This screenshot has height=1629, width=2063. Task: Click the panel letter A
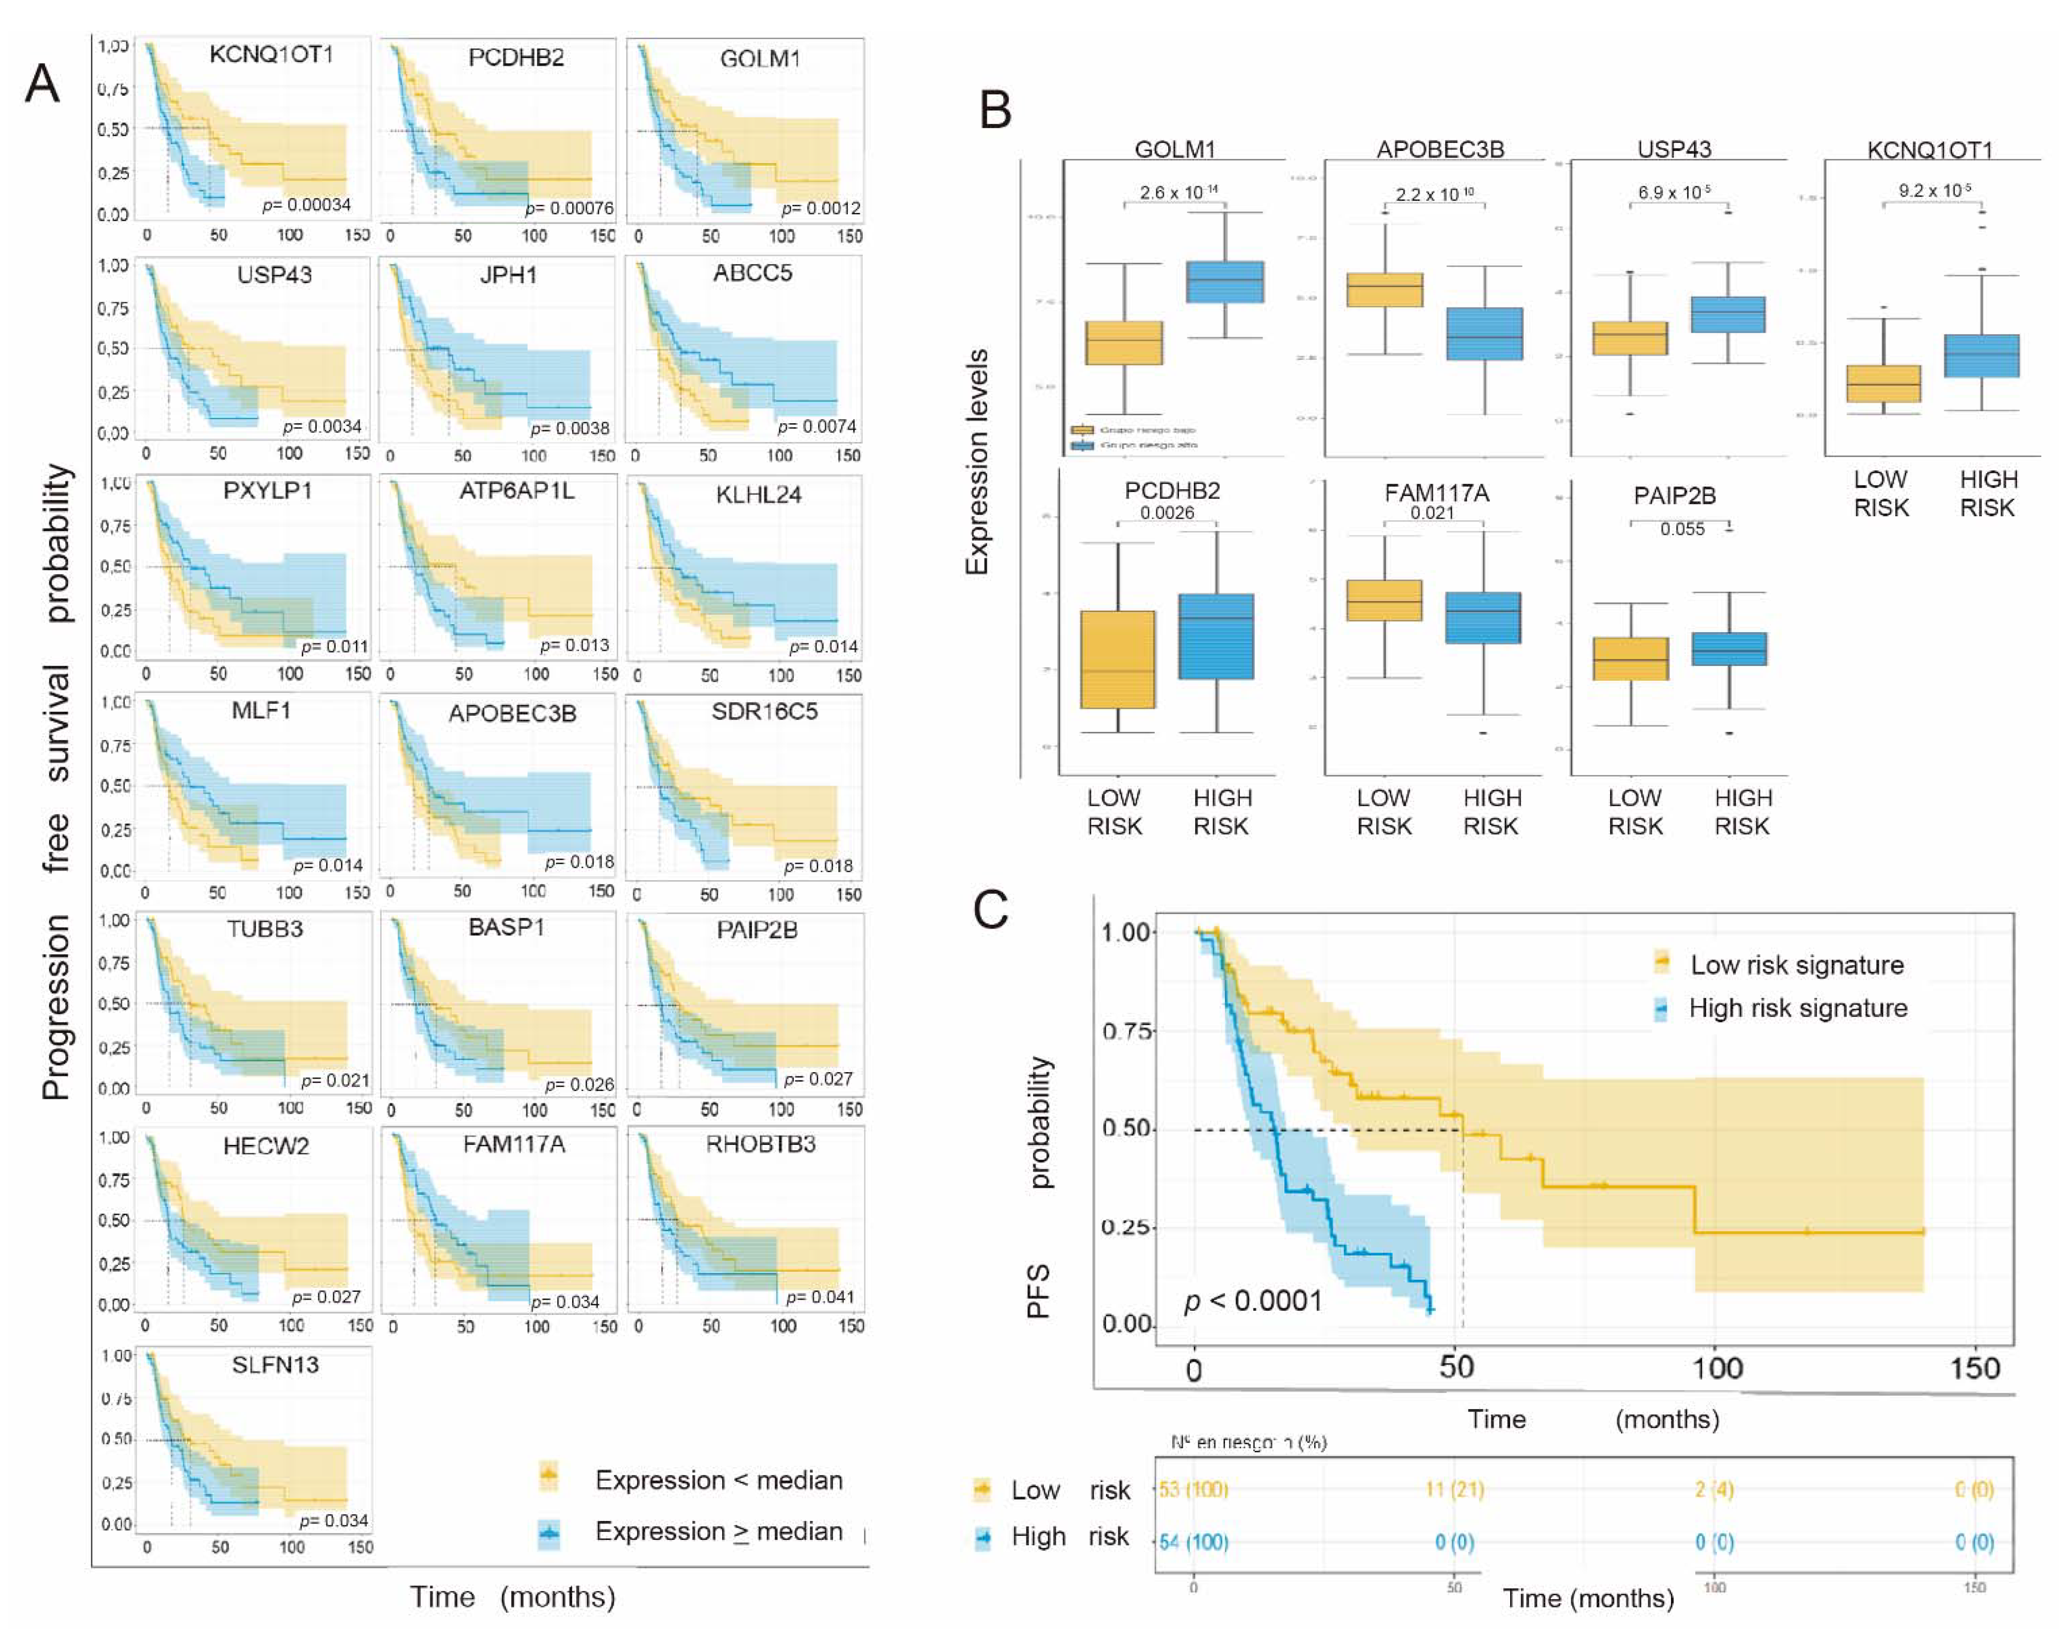pyautogui.click(x=42, y=84)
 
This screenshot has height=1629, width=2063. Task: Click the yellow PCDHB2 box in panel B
pyautogui.click(x=1118, y=659)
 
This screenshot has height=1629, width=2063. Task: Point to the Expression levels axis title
pyautogui.click(x=977, y=463)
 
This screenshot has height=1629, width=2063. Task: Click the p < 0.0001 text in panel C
pyautogui.click(x=1252, y=1301)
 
